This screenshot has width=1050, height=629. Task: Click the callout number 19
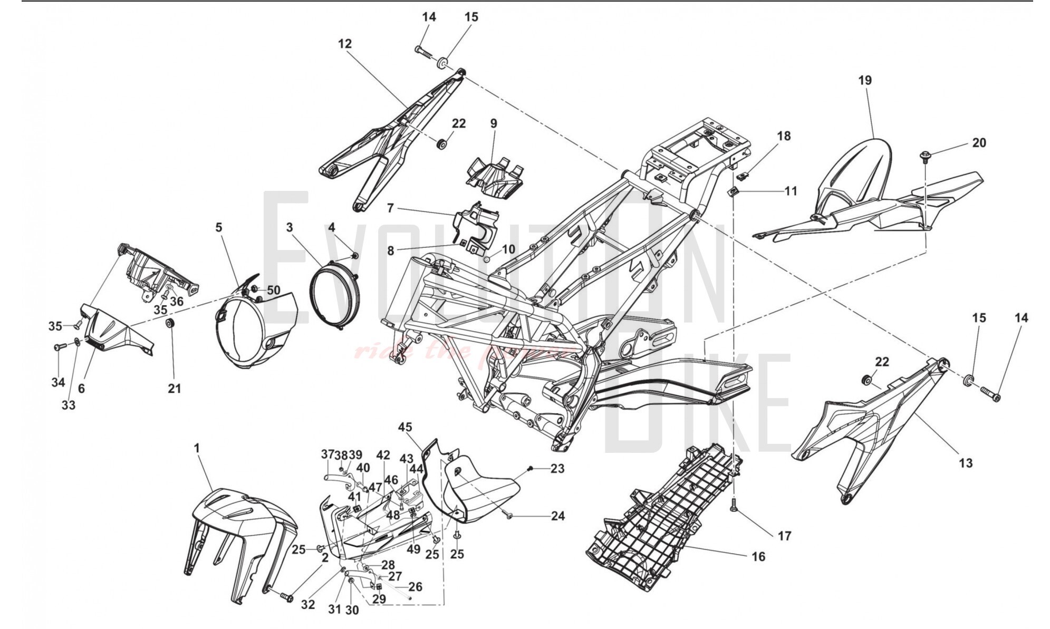[x=865, y=80]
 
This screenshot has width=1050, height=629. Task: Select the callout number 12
[x=345, y=44]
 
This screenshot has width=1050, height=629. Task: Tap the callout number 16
[x=758, y=556]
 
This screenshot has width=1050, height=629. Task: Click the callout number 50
[x=273, y=290]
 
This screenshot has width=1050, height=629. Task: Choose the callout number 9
[x=494, y=124]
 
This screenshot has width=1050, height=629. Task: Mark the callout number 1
[x=197, y=448]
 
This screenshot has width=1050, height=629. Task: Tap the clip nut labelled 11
[x=734, y=191]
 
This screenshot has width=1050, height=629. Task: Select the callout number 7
[x=390, y=208]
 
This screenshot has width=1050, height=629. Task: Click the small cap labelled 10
[x=487, y=259]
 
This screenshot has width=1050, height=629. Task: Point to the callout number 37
[x=327, y=454]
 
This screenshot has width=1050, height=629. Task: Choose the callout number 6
[x=81, y=388]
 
